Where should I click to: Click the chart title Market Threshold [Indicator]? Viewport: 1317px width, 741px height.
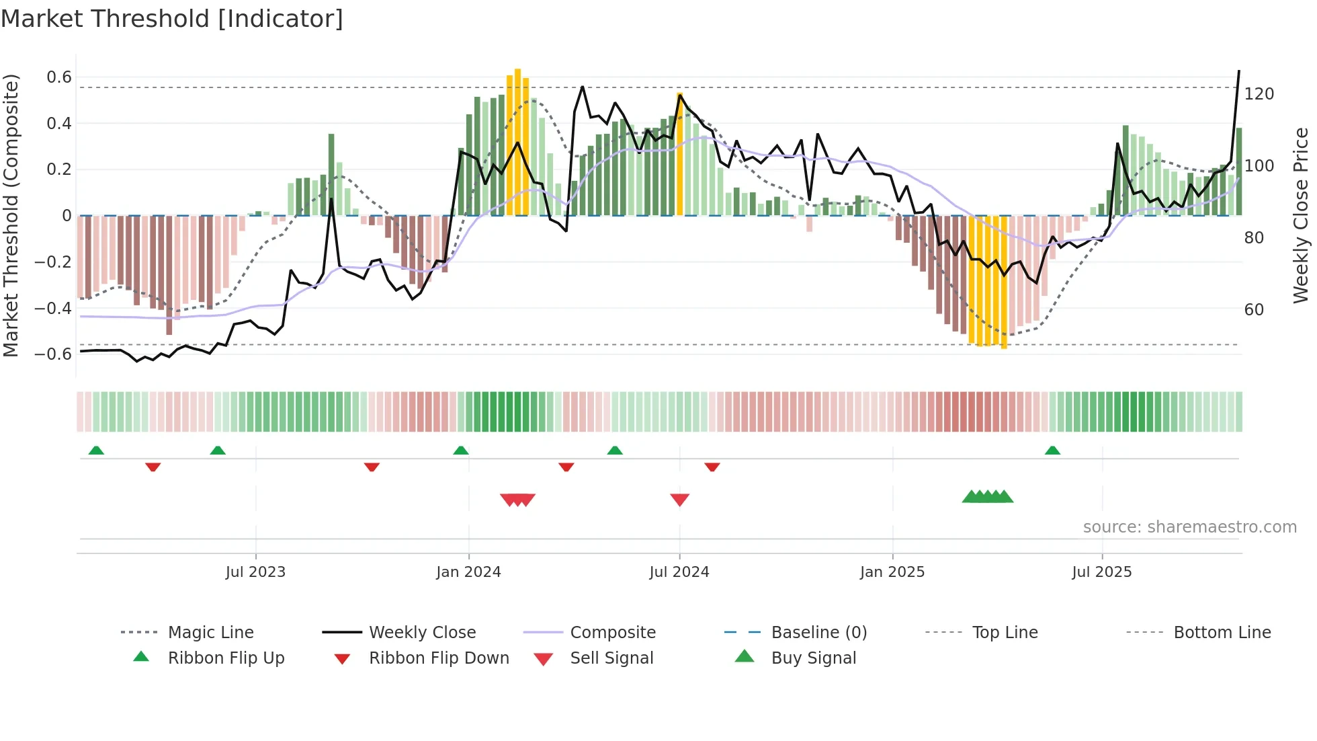(172, 19)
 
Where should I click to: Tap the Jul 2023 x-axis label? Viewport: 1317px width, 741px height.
(255, 572)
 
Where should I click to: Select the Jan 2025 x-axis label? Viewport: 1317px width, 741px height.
(892, 572)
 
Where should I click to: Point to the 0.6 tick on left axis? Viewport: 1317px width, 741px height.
(59, 77)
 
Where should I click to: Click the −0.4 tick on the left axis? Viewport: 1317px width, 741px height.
(54, 308)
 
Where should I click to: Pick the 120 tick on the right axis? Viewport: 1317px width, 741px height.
(1259, 94)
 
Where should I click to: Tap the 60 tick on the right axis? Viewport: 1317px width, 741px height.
(1254, 310)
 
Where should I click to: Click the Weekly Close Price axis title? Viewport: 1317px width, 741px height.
(1301, 215)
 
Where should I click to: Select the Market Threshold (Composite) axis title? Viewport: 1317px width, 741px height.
(11, 215)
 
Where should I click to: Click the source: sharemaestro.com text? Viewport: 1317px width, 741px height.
(1189, 527)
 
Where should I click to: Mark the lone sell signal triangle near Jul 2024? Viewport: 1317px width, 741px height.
(679, 500)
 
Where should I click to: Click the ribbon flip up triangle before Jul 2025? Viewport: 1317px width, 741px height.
(1052, 451)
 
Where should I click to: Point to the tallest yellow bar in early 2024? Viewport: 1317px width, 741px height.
(517, 141)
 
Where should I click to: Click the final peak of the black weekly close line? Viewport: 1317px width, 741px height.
(1239, 71)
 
